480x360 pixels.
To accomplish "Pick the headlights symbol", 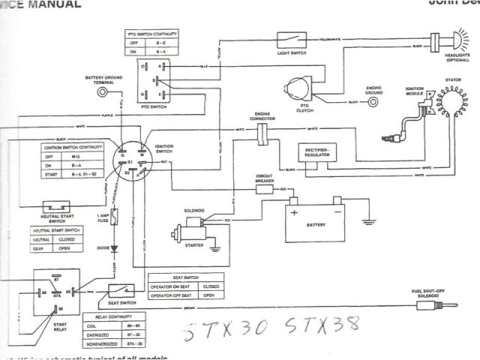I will (455, 37).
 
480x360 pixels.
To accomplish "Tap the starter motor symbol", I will (193, 228).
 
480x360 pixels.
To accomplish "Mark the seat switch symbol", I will (118, 292).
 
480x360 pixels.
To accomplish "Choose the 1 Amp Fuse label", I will (102, 218).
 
